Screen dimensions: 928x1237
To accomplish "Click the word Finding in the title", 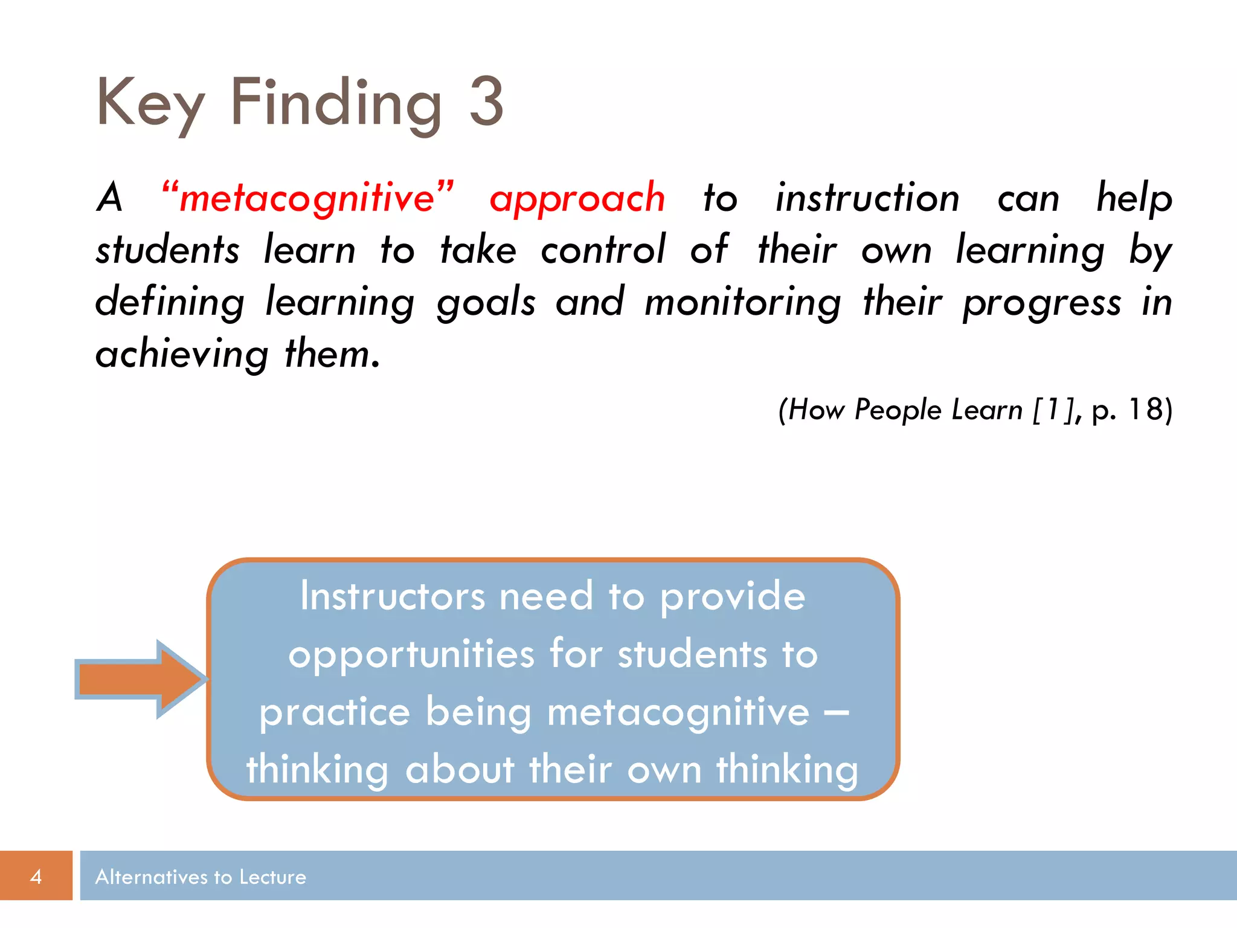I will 336,103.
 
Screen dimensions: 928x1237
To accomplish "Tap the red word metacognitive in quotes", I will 307,198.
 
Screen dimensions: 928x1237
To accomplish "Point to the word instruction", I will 867,198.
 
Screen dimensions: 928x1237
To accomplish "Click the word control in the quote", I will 602,250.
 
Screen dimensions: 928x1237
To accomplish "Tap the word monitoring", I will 742,302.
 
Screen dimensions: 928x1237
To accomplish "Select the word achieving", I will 182,355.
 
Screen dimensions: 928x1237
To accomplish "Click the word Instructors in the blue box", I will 392,596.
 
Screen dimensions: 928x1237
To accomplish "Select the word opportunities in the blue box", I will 411,654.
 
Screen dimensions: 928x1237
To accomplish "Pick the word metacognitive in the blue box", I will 678,712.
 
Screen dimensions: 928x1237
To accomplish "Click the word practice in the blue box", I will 335,712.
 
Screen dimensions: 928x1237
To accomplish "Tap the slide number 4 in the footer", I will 36,876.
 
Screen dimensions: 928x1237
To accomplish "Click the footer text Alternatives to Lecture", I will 201,877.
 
